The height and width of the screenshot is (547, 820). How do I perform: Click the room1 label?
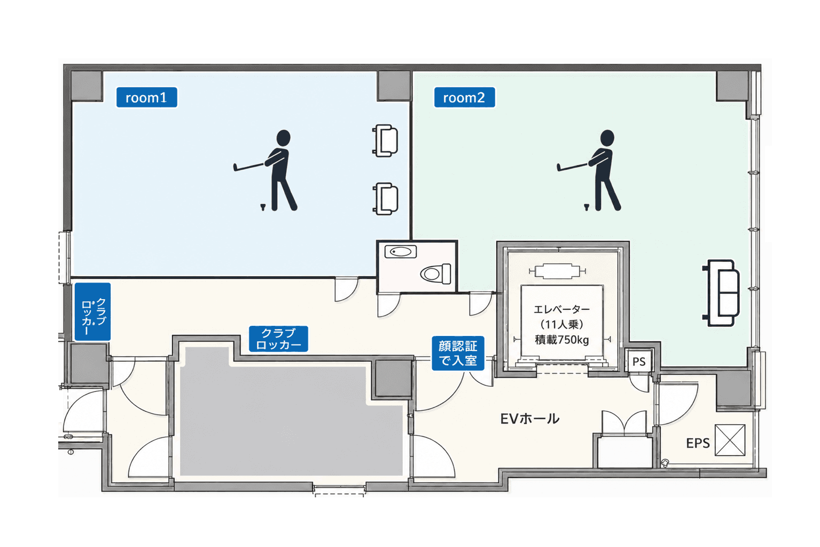click(x=146, y=97)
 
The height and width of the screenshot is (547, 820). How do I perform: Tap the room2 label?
click(x=464, y=97)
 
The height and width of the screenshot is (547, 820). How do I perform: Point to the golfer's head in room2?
click(x=607, y=138)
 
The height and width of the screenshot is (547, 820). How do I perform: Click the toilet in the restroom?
click(x=435, y=273)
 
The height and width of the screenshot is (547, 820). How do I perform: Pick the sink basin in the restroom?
click(x=401, y=252)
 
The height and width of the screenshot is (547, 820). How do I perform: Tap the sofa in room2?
click(x=721, y=293)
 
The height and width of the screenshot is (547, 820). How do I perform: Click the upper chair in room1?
click(x=385, y=140)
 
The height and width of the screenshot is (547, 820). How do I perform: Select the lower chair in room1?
click(x=385, y=199)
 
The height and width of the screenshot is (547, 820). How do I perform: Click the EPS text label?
click(x=698, y=443)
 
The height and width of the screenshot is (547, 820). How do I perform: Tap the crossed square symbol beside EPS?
click(x=730, y=440)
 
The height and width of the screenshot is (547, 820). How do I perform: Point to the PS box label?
click(x=639, y=362)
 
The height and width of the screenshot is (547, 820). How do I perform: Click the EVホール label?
click(x=530, y=419)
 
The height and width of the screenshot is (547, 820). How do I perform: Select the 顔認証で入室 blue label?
click(x=458, y=353)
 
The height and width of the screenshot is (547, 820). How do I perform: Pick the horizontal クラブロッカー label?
click(x=278, y=339)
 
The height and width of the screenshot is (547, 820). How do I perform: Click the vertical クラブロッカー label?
click(x=92, y=312)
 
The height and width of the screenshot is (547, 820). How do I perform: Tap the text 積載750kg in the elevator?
click(x=562, y=340)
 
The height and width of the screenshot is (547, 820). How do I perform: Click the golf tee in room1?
click(x=262, y=207)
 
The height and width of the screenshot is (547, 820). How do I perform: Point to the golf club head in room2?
click(x=559, y=168)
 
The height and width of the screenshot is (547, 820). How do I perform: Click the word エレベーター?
click(x=562, y=309)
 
